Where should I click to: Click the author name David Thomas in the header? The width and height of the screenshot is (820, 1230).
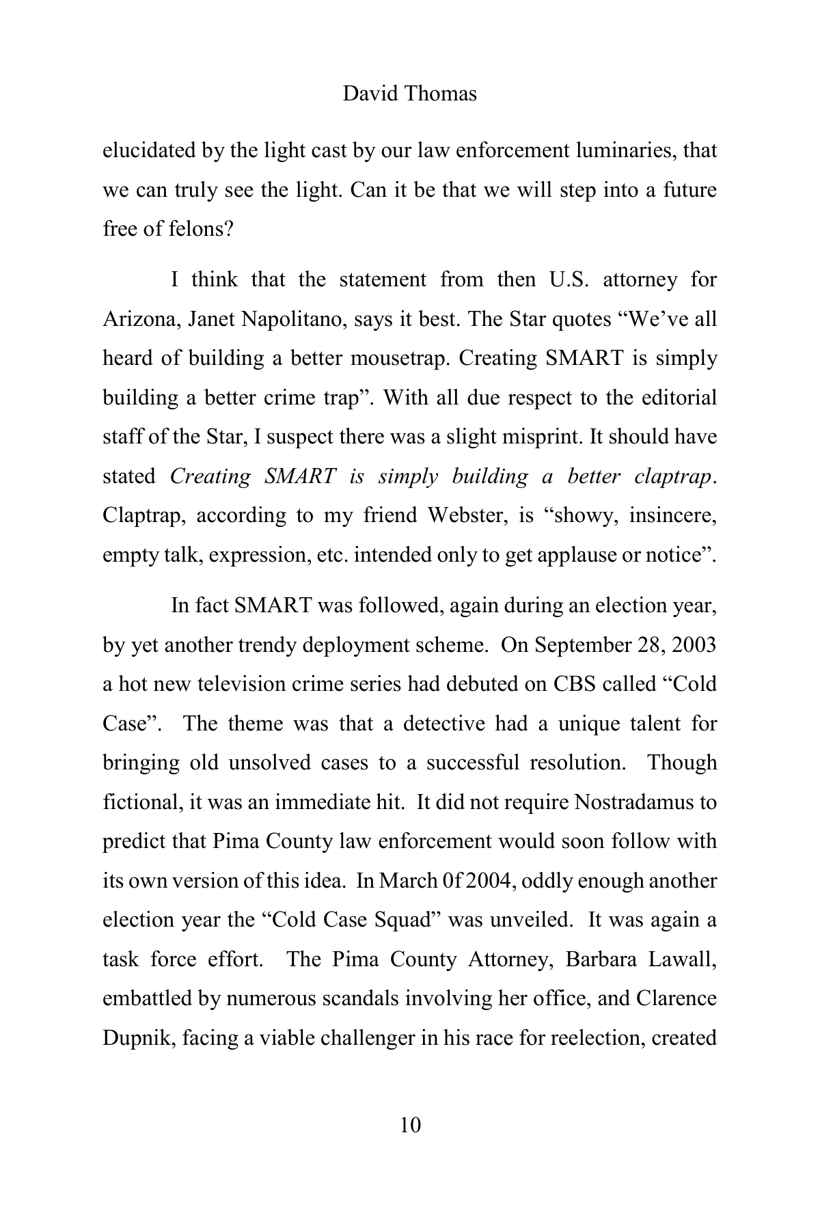tap(409, 94)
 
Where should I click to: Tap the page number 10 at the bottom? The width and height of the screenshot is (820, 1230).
tap(410, 1124)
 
